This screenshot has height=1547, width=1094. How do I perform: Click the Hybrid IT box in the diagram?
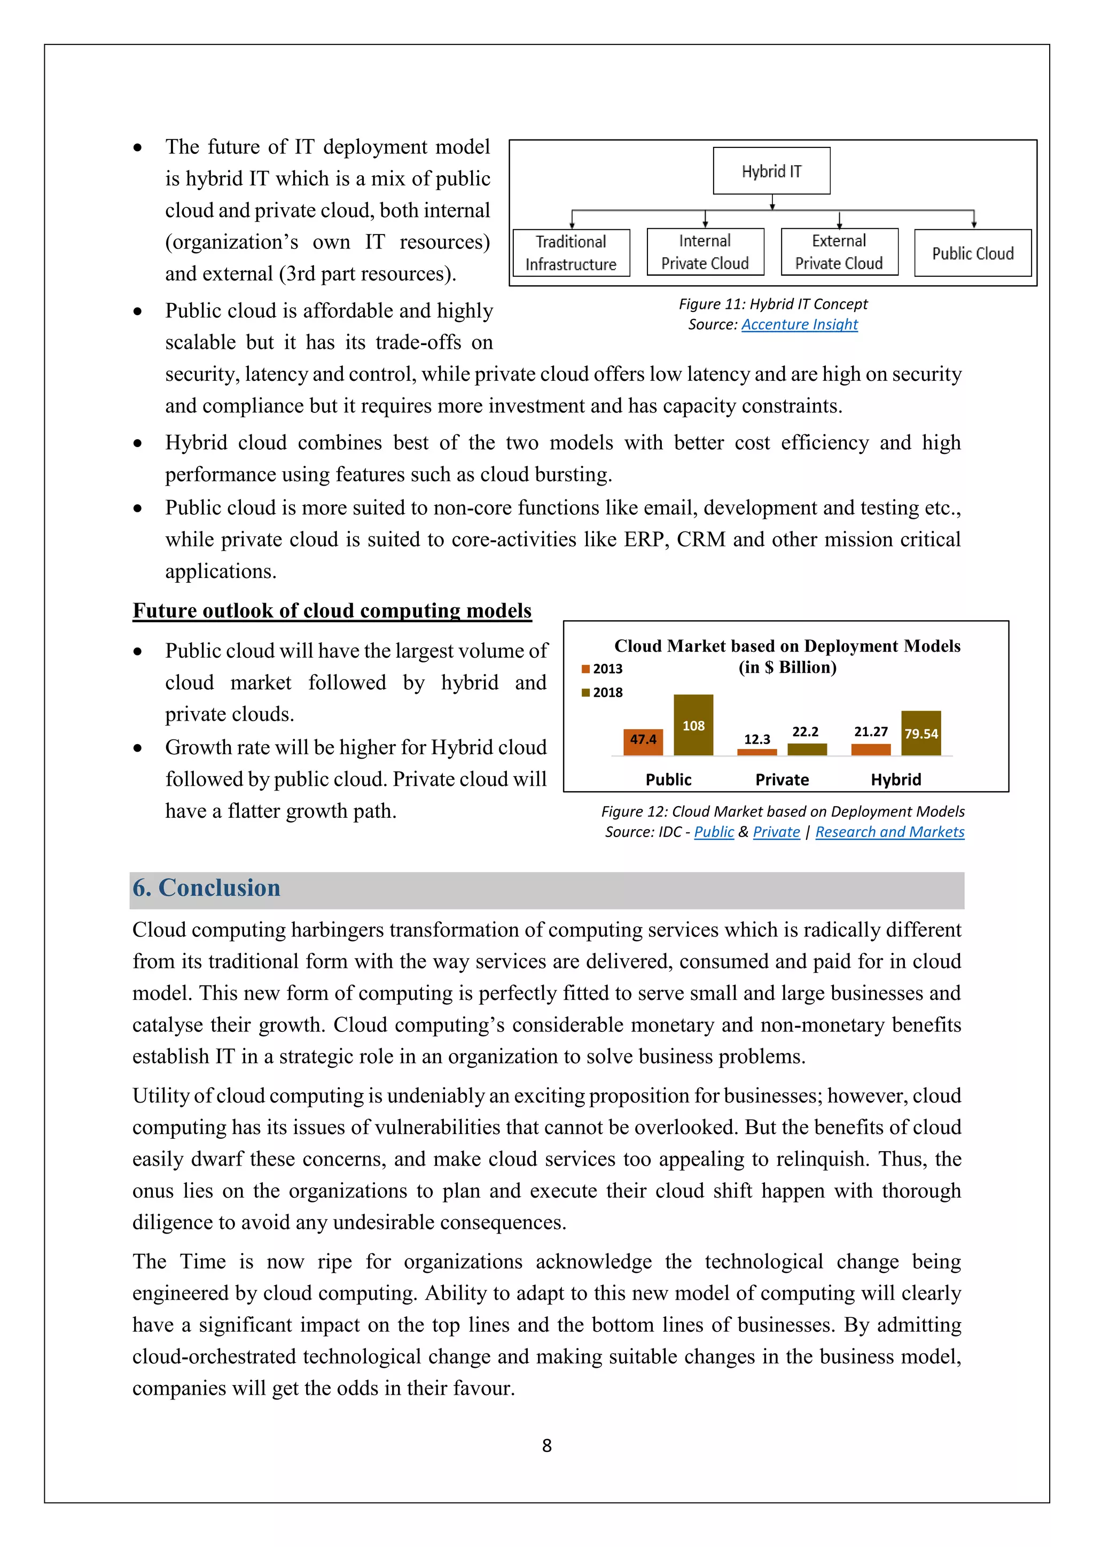(771, 171)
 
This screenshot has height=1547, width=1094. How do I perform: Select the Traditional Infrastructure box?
(571, 253)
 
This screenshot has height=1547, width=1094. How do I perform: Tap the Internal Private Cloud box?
(705, 252)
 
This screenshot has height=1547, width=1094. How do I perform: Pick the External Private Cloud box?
(839, 252)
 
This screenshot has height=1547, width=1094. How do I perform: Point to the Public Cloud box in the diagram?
(972, 253)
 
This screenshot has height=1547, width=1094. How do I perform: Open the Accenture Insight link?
(799, 325)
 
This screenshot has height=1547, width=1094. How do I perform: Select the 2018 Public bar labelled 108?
(693, 725)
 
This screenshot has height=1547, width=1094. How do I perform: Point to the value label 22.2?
(805, 732)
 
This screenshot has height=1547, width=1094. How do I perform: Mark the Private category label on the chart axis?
(782, 779)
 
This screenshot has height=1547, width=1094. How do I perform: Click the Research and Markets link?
(889, 832)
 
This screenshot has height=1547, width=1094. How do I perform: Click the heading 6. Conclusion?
(206, 888)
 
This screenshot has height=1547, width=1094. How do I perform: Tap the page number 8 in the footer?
(546, 1446)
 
